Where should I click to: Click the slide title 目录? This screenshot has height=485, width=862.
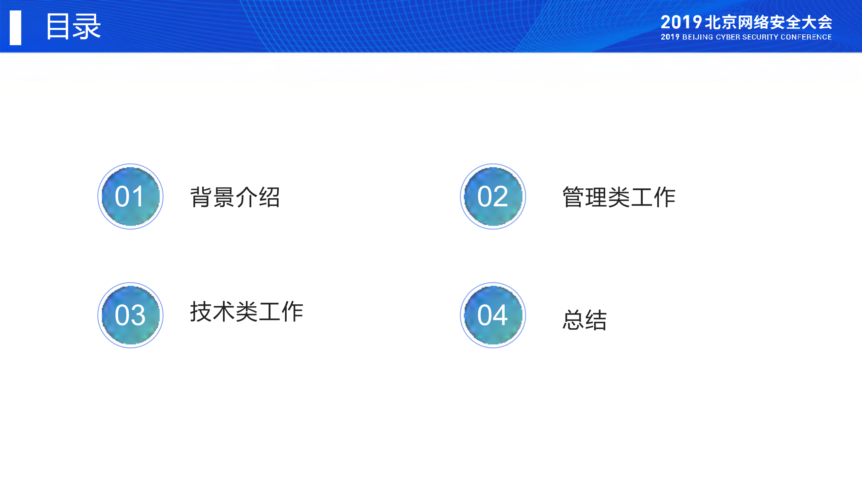73,27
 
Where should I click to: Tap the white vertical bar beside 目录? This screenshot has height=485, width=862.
15,28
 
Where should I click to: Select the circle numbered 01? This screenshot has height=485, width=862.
130,196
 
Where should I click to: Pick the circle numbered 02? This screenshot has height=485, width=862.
493,196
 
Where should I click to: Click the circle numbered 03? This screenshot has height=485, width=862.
130,315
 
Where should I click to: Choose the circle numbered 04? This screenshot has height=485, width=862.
493,315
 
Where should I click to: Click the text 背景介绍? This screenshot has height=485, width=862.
235,197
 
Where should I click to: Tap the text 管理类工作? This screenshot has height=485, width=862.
619,197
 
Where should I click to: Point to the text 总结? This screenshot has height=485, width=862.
584,320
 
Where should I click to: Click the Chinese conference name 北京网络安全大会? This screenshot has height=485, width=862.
768,23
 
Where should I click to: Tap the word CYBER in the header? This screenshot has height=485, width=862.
728,37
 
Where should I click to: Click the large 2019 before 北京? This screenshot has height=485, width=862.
681,23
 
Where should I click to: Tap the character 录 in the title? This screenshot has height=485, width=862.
87,27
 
